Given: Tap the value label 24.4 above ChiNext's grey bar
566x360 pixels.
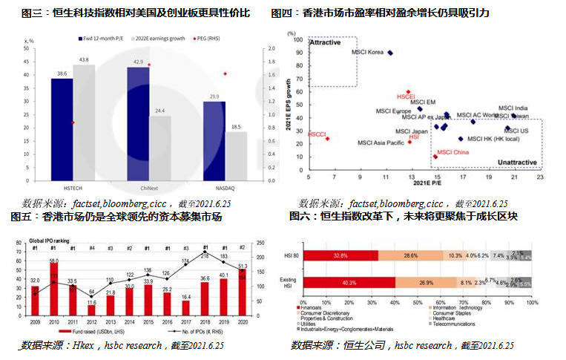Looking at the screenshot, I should click(160, 111).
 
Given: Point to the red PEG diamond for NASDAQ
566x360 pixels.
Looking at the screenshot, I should click(224, 73).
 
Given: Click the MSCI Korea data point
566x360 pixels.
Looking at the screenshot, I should click(390, 53).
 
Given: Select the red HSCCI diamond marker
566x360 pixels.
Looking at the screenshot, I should click(327, 139).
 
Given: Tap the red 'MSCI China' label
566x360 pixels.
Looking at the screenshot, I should click(453, 152).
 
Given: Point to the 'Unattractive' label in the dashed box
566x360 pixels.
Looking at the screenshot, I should click(517, 161).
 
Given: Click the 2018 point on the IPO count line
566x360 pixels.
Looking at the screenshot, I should click(205, 254).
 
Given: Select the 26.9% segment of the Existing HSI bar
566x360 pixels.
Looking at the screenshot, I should click(427, 282).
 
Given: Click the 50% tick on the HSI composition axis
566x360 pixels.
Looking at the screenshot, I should click(418, 303).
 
